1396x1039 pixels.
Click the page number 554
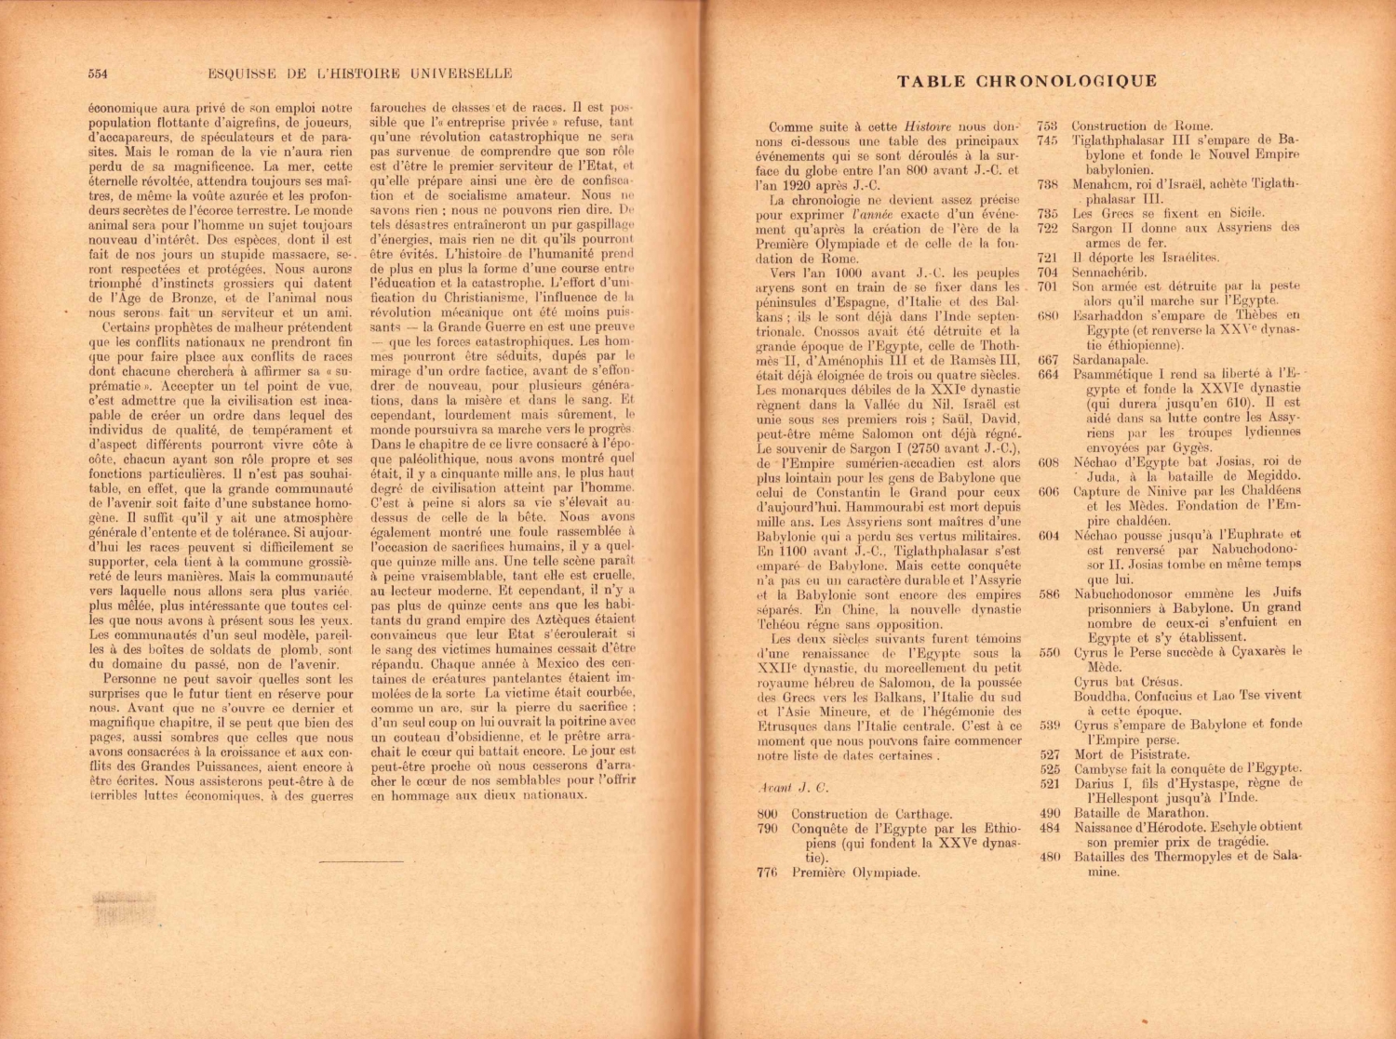click(x=99, y=73)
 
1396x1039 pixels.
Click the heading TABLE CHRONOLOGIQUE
click(x=1027, y=81)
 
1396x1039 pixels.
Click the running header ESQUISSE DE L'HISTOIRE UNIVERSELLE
click(x=360, y=73)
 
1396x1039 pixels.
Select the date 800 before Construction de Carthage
click(x=767, y=814)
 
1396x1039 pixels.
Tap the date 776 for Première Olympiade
click(x=767, y=872)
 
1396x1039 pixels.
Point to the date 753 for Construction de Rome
click(x=1048, y=126)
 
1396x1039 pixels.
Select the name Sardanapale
click(x=1110, y=359)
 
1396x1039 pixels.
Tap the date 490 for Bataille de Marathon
click(x=1050, y=812)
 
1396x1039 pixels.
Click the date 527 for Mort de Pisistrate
click(x=1050, y=754)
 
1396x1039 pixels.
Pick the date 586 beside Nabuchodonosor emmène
click(x=1049, y=593)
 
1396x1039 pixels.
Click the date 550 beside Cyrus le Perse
click(x=1049, y=652)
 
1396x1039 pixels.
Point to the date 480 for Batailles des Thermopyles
click(x=1050, y=857)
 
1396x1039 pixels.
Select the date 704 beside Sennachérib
click(x=1048, y=272)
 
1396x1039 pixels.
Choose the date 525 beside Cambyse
click(x=1050, y=769)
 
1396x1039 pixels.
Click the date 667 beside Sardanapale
click(x=1048, y=359)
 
